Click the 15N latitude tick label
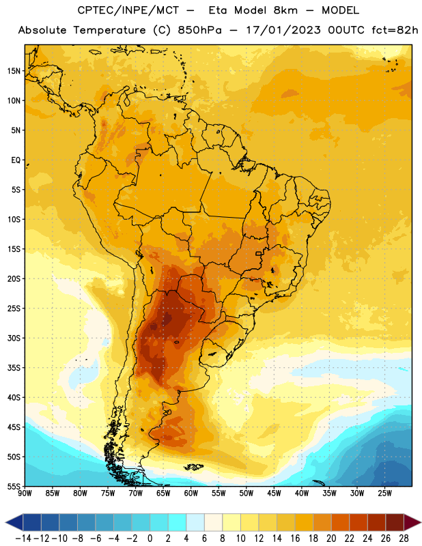[x=14, y=71]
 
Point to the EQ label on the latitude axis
[x=16, y=160]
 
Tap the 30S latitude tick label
[x=14, y=338]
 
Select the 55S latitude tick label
[x=14, y=486]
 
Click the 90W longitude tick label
[x=25, y=493]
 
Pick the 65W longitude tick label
[x=163, y=493]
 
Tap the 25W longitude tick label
[x=384, y=493]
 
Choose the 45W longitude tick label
[x=274, y=493]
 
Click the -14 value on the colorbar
[x=23, y=538]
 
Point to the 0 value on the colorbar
[x=150, y=538]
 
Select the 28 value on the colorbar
[x=404, y=538]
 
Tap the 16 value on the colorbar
[x=295, y=538]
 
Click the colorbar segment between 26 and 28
[x=395, y=522]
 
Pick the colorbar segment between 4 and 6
[x=195, y=522]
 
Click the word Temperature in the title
[x=110, y=30]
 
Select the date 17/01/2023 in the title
[x=283, y=30]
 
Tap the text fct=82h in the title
[x=395, y=30]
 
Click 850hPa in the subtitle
[x=199, y=30]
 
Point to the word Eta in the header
[x=218, y=10]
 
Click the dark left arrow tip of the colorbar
[x=6, y=522]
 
